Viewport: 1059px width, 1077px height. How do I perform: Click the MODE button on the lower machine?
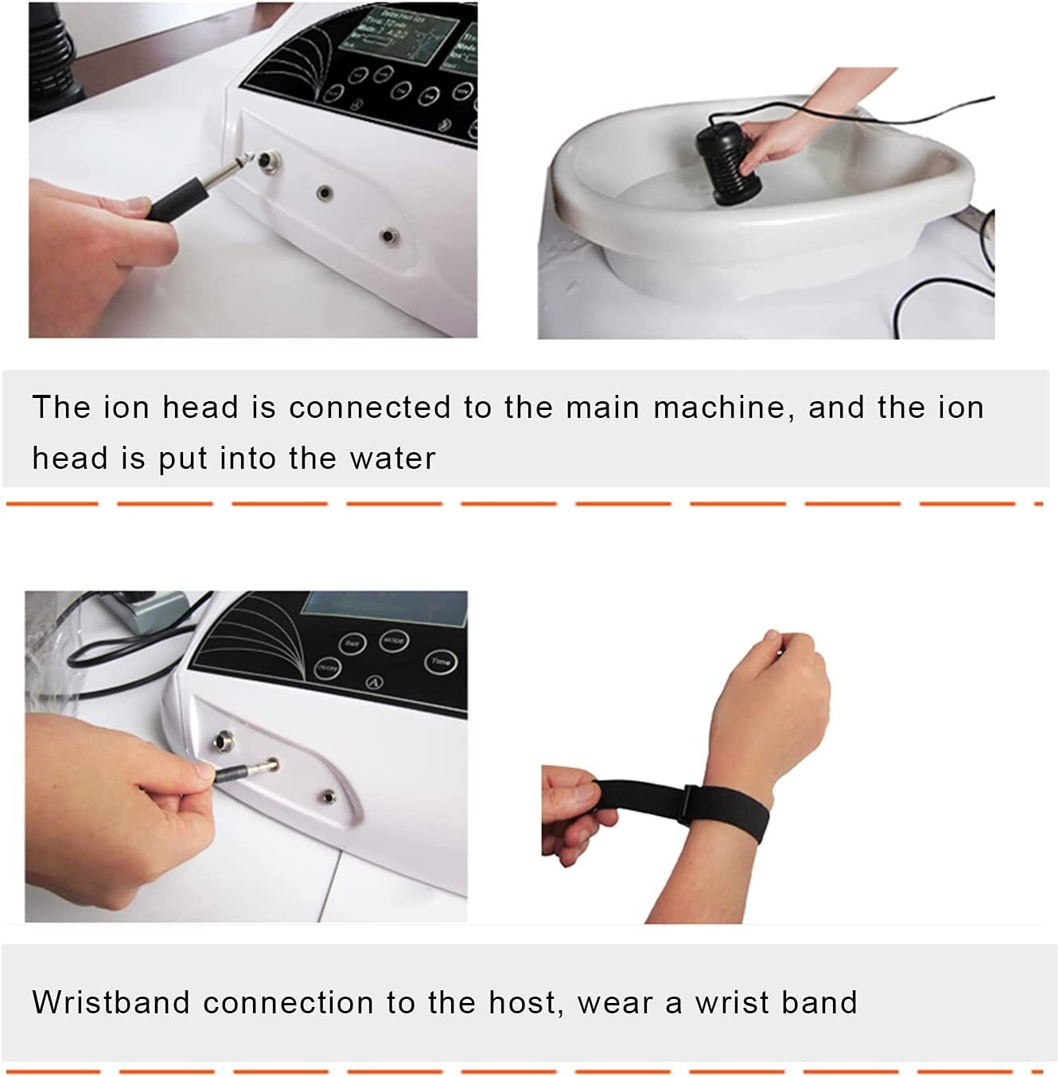[394, 640]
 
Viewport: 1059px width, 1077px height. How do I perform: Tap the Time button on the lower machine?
[440, 661]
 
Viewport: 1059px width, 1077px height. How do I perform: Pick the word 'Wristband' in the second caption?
[111, 1002]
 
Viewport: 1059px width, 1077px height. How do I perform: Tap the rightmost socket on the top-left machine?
[388, 236]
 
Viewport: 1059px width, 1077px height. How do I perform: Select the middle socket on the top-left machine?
[324, 192]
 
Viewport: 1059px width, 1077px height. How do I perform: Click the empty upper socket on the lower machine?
[221, 744]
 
